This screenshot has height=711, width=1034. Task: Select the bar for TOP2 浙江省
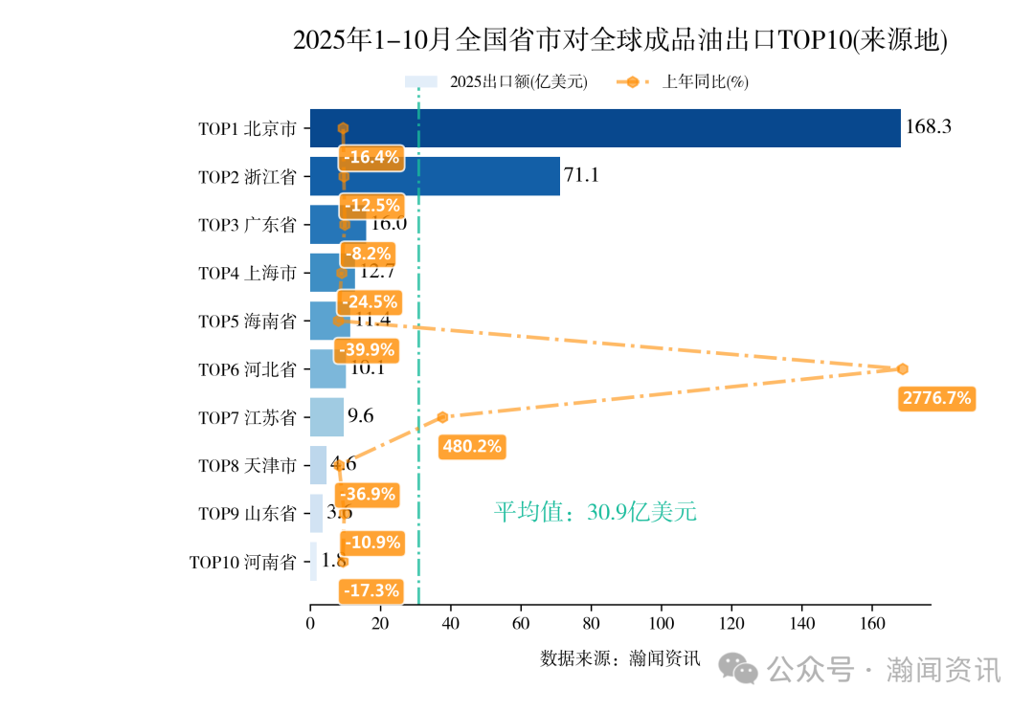[x=450, y=176]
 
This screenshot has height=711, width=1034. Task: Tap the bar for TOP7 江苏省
[x=326, y=417]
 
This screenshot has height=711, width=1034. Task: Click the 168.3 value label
[x=928, y=126]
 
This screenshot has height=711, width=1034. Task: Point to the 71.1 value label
[x=581, y=175]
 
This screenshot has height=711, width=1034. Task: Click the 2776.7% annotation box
[x=936, y=397]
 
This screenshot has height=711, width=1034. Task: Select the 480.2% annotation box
[x=471, y=446]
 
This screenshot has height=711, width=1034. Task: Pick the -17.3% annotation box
[x=371, y=590]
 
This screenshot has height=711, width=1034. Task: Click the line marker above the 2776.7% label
[x=902, y=368]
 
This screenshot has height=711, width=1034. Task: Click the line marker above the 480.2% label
[x=442, y=417]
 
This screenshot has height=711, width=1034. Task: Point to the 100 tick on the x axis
[x=661, y=624]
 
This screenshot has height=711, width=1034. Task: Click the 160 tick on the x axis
[x=871, y=624]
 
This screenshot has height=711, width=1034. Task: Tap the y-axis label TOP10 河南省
[x=243, y=562]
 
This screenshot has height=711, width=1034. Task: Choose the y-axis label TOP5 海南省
[x=247, y=322]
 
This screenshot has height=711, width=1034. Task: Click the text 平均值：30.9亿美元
[x=595, y=512]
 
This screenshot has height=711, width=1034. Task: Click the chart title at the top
[x=619, y=40]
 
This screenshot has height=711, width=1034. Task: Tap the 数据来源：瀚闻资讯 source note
[x=619, y=658]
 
